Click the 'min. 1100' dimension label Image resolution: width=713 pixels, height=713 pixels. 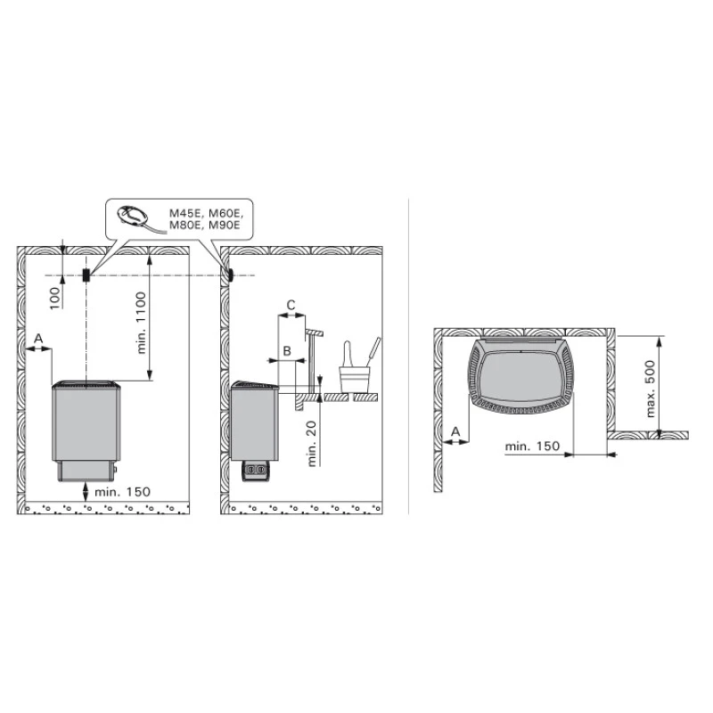pos(142,323)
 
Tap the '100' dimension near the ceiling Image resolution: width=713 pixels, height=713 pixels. pos(55,298)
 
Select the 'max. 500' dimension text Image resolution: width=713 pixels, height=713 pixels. pos(651,389)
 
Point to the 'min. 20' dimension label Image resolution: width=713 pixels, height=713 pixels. pos(311,443)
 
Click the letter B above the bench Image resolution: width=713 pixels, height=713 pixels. pos(287,351)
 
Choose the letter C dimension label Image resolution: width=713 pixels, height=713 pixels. pos(291,305)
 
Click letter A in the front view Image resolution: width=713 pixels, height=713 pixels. pos(38,339)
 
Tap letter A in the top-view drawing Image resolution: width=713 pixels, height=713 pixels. pos(455,431)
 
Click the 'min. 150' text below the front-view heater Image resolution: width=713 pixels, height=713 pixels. pos(122,492)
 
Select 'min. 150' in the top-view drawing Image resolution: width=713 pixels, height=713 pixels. pos(532,447)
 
